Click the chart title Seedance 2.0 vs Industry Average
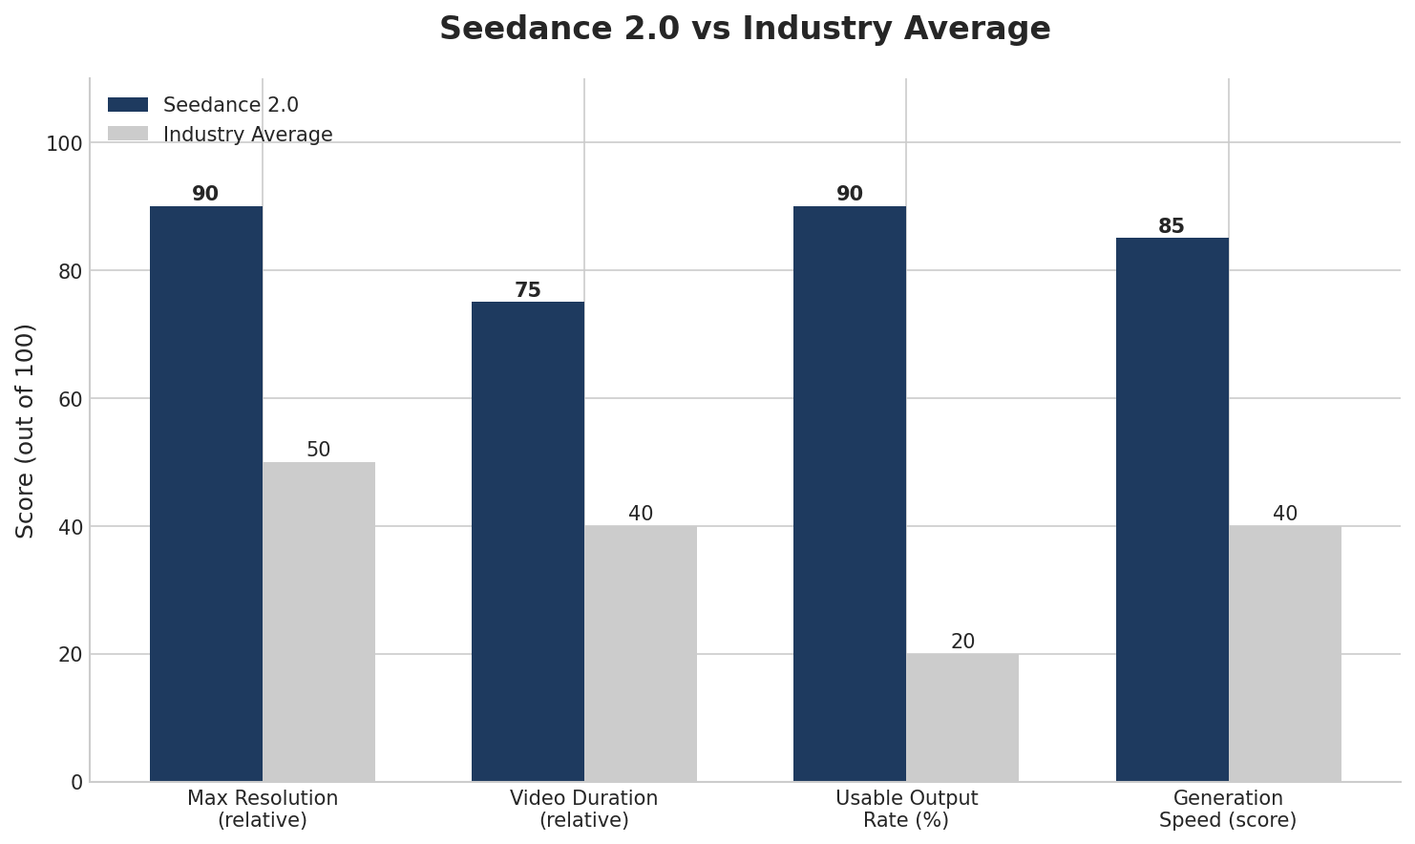[x=745, y=29]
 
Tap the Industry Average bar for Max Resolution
[x=319, y=622]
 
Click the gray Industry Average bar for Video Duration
[x=641, y=653]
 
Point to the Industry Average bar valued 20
[x=962, y=717]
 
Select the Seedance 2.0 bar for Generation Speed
[x=1172, y=510]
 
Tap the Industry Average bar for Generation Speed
[x=1284, y=653]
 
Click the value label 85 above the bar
[x=1172, y=227]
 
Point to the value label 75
[x=528, y=291]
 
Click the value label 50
[x=319, y=451]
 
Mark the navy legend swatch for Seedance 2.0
[x=128, y=105]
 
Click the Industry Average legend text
[x=247, y=135]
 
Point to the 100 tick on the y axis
[x=64, y=144]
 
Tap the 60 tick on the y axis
[x=70, y=399]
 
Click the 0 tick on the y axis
[x=76, y=783]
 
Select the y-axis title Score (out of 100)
[x=26, y=431]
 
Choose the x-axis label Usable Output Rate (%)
[x=906, y=809]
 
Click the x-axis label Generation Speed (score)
[x=1228, y=809]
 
